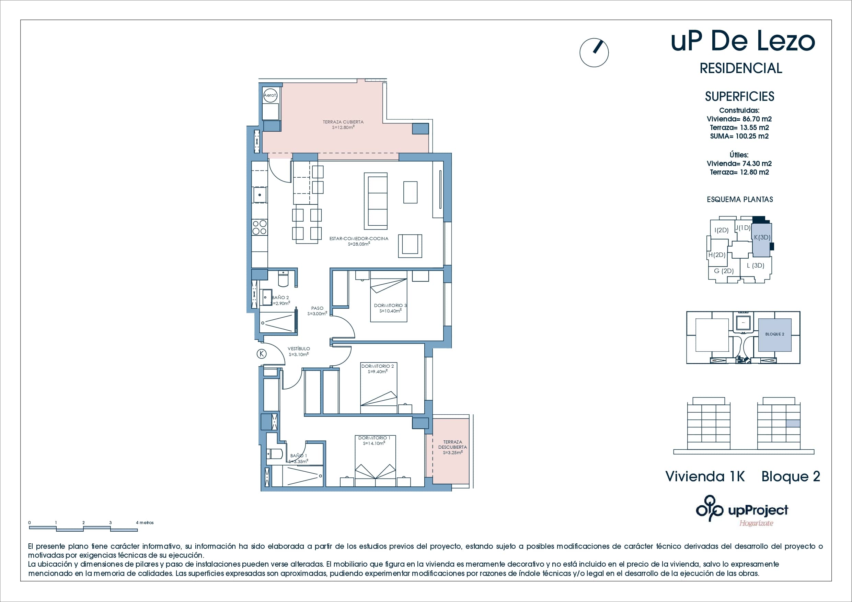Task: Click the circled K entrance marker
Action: tap(262, 354)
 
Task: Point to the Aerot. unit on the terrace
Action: tap(270, 95)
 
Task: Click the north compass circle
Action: tap(594, 53)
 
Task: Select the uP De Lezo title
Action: tap(743, 42)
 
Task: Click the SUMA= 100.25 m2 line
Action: tap(739, 136)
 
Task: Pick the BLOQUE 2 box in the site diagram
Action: tap(775, 334)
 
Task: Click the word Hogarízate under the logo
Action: tap(756, 523)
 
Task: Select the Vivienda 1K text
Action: tap(705, 476)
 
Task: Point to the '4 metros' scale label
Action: tap(145, 523)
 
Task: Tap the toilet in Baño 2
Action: tap(283, 279)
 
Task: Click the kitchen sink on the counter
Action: tap(260, 195)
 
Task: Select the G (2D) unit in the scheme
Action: tap(724, 271)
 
